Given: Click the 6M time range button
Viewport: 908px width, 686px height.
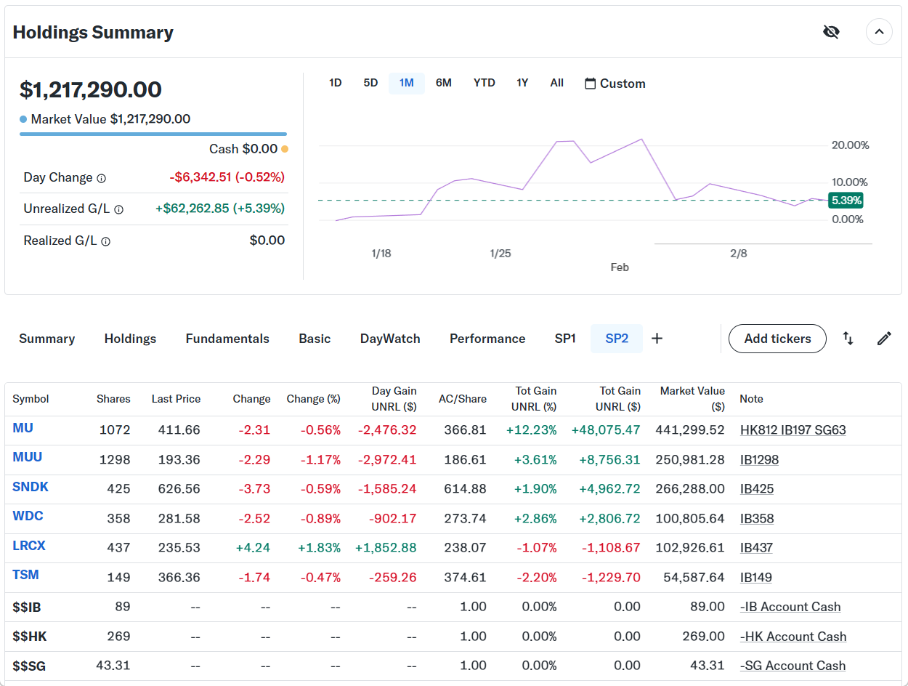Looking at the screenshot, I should [x=443, y=83].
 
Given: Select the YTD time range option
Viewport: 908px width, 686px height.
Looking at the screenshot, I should [x=484, y=83].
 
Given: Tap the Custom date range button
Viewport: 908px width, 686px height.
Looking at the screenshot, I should [x=615, y=84].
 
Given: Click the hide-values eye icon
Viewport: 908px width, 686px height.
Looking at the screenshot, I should [x=831, y=32].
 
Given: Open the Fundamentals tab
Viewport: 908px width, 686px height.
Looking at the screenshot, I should [x=227, y=339].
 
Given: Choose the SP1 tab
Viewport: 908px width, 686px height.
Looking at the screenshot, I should [x=565, y=339].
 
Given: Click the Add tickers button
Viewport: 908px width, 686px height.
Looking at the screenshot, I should [x=777, y=339].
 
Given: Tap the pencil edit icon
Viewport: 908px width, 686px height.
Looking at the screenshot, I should [x=884, y=339].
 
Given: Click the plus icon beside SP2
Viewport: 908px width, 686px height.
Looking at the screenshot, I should [x=657, y=339].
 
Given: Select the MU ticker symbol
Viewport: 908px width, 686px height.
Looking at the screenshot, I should [x=23, y=428].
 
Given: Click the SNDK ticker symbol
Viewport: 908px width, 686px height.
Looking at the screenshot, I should [x=31, y=487].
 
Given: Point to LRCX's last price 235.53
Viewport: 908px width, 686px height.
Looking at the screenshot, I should [x=179, y=548].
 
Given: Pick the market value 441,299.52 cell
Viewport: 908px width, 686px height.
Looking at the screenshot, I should [x=689, y=430].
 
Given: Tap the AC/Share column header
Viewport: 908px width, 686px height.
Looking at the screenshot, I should [x=462, y=399].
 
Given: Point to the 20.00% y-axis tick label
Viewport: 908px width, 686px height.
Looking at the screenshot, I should [x=850, y=145].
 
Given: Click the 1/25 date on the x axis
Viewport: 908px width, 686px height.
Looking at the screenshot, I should [x=500, y=254].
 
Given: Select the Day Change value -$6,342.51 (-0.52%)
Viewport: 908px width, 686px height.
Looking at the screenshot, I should [x=227, y=177].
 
